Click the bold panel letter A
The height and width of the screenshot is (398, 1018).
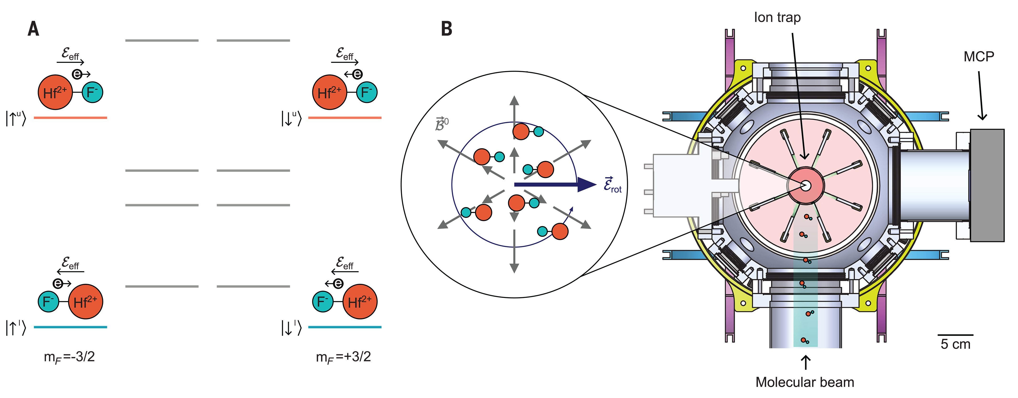coord(33,29)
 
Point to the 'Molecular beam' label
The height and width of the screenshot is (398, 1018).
coord(805,382)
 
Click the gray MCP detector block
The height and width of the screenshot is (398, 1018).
coord(987,185)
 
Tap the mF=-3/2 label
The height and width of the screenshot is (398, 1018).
coord(69,357)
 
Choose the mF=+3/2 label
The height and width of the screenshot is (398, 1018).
coord(343,357)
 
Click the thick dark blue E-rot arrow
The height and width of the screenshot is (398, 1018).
coord(553,184)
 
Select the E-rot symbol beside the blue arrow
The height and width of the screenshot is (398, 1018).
coord(612,185)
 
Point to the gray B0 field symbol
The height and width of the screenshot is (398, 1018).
coord(441,124)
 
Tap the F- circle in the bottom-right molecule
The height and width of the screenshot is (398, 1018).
coord(323,302)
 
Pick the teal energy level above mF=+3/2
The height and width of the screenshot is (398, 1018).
coord(345,327)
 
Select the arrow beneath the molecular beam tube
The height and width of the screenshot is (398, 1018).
coord(805,362)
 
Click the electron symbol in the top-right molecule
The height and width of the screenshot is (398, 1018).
coord(357,74)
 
